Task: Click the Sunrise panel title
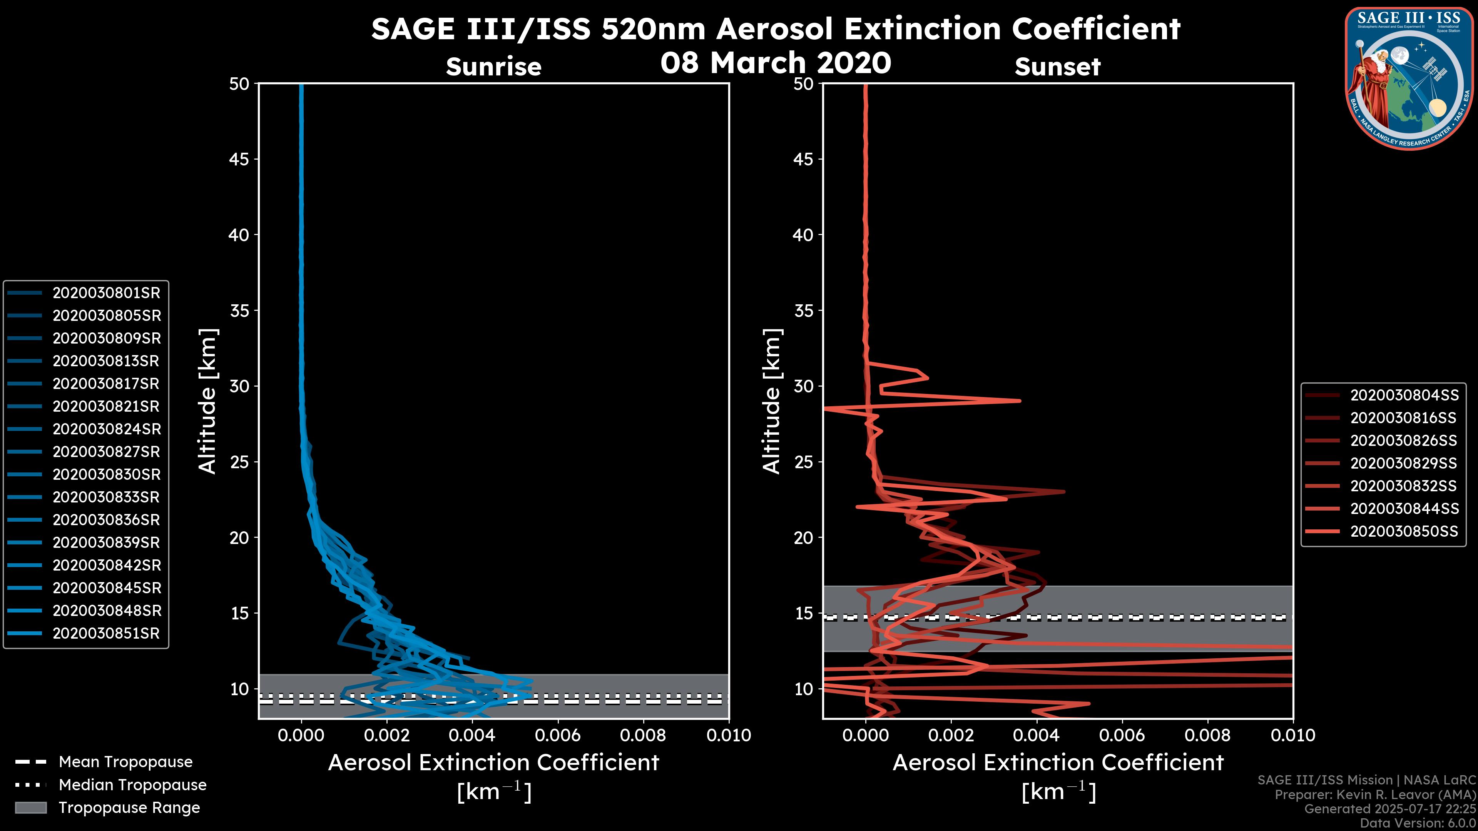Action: (493, 67)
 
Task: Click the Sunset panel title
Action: (1057, 67)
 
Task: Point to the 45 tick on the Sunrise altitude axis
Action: (239, 159)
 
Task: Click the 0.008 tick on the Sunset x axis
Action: (1208, 735)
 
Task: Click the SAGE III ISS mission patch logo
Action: (1409, 78)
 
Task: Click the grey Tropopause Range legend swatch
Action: (30, 808)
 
